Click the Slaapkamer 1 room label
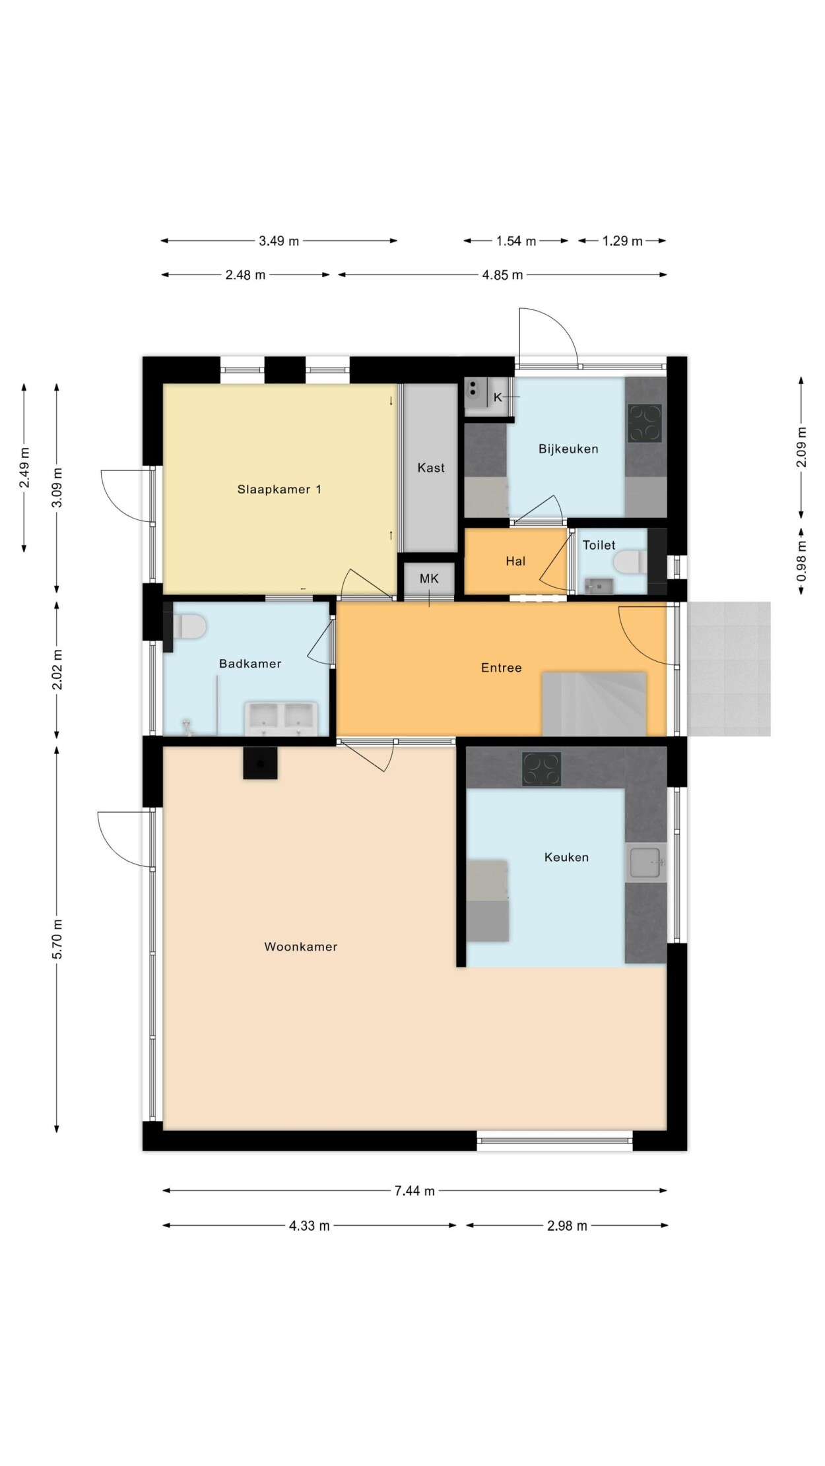click(x=279, y=490)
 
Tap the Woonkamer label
click(x=301, y=947)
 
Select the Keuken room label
click(x=566, y=857)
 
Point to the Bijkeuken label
click(x=568, y=449)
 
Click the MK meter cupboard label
click(x=429, y=579)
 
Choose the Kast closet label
click(x=431, y=468)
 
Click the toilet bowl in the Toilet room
click(x=631, y=563)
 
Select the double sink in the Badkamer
click(x=281, y=718)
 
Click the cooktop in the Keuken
click(x=542, y=769)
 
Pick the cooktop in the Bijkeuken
click(x=645, y=423)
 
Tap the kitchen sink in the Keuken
click(x=645, y=862)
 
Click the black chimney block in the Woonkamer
click(x=260, y=763)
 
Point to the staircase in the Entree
click(x=593, y=703)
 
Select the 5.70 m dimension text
click(x=57, y=940)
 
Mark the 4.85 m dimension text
click(x=502, y=275)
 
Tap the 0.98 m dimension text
click(x=802, y=561)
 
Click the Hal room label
click(x=515, y=561)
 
